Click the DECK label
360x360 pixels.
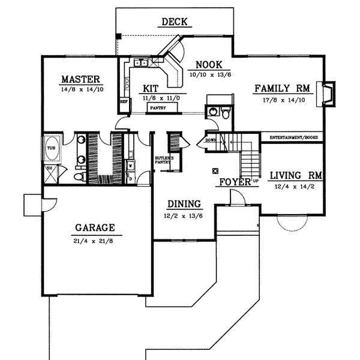point(175,23)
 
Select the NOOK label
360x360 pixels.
point(209,65)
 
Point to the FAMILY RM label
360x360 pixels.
point(281,88)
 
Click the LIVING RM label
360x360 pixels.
point(296,176)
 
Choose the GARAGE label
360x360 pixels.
point(95,227)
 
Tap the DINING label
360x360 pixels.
point(184,204)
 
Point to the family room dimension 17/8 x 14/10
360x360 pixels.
point(281,100)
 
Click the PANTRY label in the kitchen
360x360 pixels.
point(158,108)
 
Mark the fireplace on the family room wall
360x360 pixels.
point(328,94)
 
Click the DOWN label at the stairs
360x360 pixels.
point(210,141)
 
